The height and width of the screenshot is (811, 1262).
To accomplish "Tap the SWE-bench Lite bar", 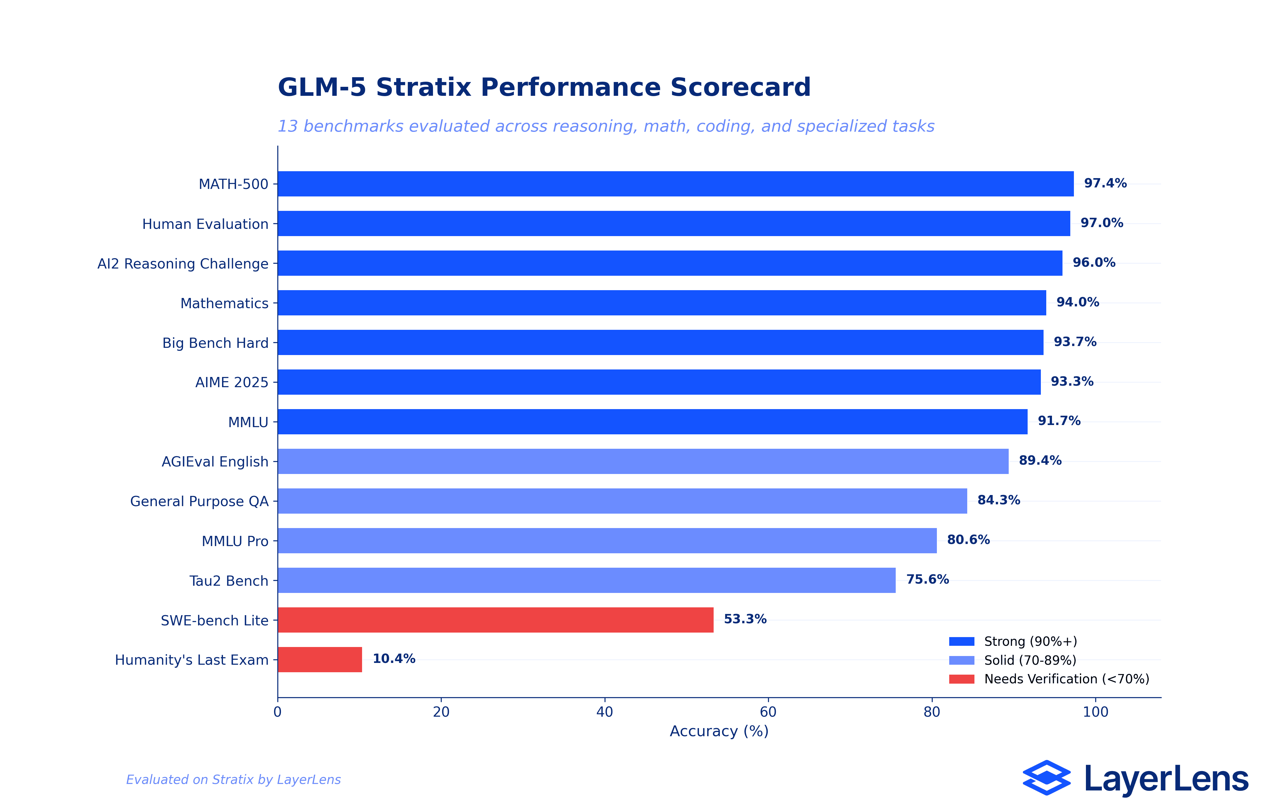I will [495, 620].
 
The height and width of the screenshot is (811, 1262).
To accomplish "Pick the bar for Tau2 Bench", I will [586, 580].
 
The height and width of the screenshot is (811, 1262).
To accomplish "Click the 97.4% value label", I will [1105, 183].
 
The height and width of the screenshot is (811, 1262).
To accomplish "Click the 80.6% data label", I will [968, 540].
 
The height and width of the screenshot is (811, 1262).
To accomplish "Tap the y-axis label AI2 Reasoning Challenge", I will [183, 264].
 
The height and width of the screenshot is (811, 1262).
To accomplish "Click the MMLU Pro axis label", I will [235, 541].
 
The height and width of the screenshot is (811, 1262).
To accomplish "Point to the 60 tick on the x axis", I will [768, 712].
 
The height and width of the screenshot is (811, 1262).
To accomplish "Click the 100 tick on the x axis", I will [1095, 712].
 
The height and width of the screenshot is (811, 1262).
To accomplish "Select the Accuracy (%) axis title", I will [719, 731].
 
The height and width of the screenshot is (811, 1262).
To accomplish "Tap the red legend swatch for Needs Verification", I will [961, 679].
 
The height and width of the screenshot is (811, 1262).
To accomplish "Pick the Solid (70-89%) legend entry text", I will [1030, 661].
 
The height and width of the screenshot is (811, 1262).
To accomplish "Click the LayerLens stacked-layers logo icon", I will [1046, 778].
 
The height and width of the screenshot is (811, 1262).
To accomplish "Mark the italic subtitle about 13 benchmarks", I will [606, 126].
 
